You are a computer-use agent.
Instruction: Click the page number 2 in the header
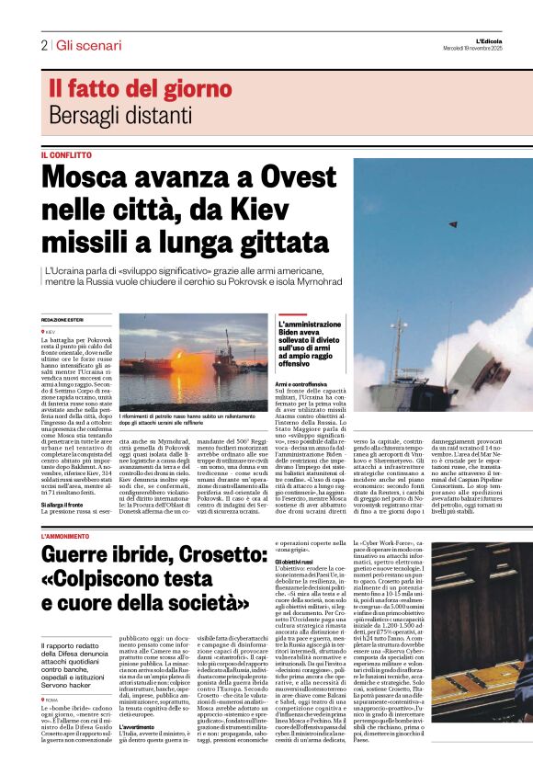44,45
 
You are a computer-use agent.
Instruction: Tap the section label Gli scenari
88,45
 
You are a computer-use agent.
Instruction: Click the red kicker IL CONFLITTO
66,154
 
